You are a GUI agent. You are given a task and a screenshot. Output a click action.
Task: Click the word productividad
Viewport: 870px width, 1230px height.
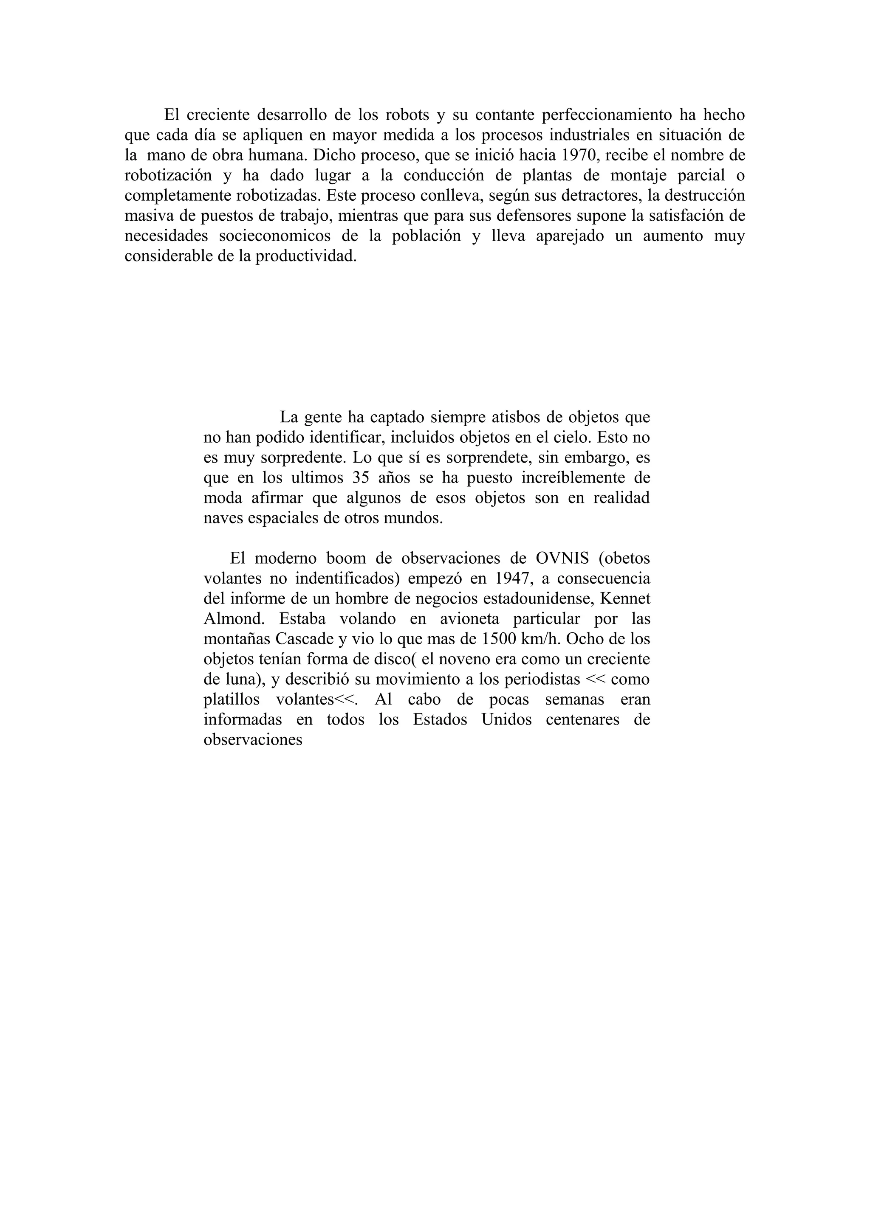coord(305,256)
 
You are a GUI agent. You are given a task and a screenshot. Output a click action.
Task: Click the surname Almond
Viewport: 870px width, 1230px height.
coord(233,619)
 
